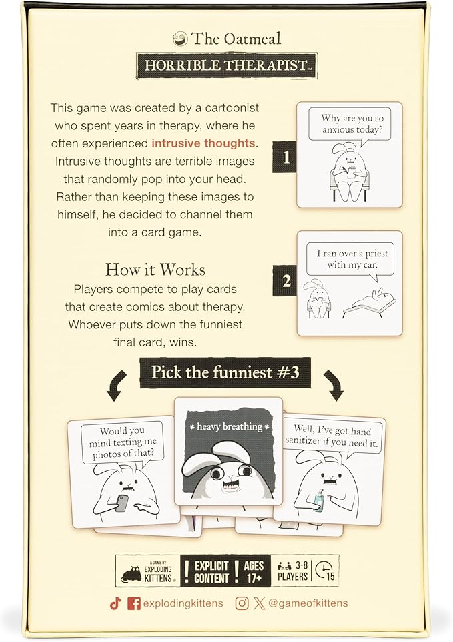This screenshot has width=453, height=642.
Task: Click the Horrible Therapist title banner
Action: click(x=226, y=66)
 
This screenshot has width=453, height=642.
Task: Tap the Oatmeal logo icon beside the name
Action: click(x=179, y=38)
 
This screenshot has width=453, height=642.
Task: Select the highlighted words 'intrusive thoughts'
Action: click(x=203, y=142)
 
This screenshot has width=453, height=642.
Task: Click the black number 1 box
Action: click(x=286, y=157)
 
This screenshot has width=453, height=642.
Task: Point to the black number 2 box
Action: click(x=286, y=281)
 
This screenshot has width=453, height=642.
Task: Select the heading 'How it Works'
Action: click(x=155, y=270)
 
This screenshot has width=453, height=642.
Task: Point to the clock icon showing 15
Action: click(x=325, y=571)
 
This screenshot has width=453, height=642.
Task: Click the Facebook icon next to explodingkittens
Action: click(x=133, y=604)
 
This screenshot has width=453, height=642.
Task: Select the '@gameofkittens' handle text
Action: click(x=308, y=604)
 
